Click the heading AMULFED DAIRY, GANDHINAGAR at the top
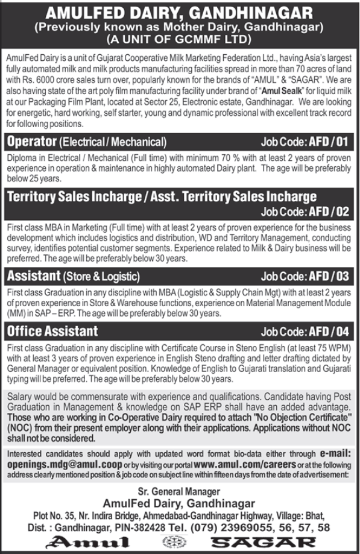pos(180,11)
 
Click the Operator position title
pos(31,142)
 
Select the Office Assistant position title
pos(51,332)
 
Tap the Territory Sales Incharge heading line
pos(161,197)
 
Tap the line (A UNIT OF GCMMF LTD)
pos(180,39)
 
